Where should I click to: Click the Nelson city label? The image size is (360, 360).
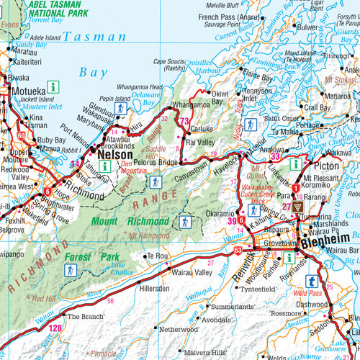(x=114, y=154)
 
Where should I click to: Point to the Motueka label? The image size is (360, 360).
(x=28, y=91)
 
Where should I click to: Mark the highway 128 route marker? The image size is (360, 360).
(x=55, y=328)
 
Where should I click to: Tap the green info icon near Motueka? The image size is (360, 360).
(x=53, y=87)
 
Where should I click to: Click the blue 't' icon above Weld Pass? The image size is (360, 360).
(x=311, y=282)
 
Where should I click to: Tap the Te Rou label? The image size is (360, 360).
(x=158, y=256)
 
